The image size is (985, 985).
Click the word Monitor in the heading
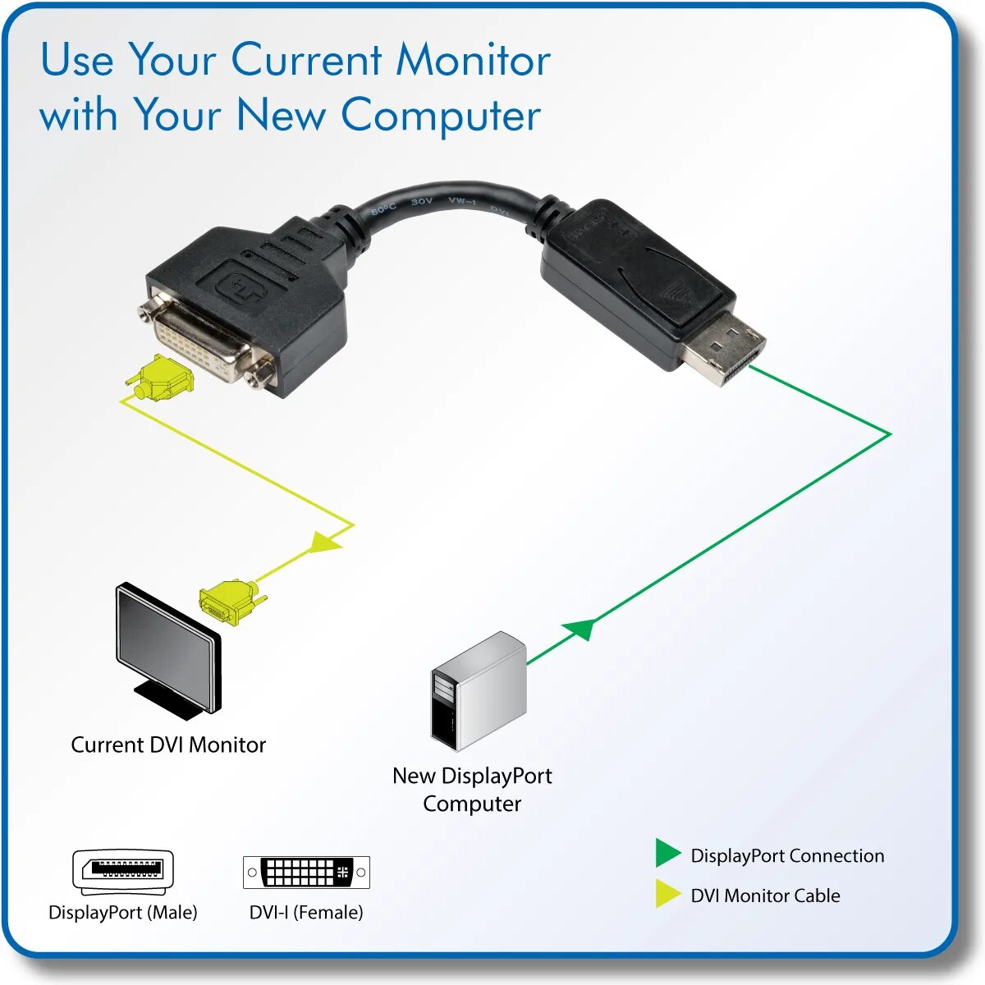473,61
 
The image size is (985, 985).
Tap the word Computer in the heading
441,115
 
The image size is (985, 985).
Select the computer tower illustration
479,691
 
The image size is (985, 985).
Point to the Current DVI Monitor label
168,744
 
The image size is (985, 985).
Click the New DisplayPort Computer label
472,789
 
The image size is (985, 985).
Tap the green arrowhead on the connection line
580,630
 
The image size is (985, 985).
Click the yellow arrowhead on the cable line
325,542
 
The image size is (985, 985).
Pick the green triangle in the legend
667,854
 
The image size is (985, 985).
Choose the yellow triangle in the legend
667,894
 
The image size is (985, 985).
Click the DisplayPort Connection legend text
787,855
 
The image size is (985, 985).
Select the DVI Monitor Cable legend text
765,896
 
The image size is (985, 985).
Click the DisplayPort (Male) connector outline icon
123,872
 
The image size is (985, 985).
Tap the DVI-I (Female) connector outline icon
306,872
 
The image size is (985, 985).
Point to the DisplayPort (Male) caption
123,912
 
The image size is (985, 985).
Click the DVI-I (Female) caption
306,912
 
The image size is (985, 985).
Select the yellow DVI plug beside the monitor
230,602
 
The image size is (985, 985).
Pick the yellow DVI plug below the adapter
162,378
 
